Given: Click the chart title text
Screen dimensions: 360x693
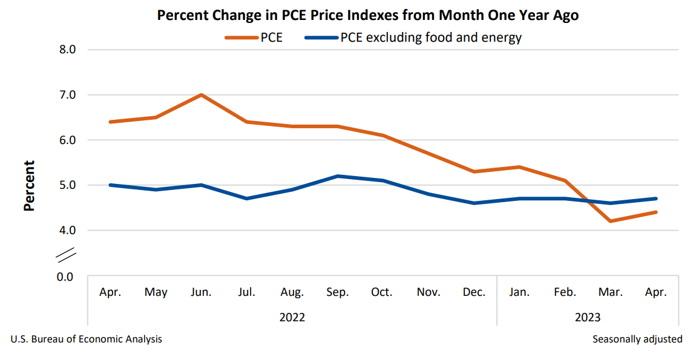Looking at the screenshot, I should [x=367, y=16].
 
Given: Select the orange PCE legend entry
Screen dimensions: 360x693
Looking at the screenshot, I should [x=254, y=38].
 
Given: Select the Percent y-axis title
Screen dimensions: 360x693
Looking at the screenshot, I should [x=29, y=185].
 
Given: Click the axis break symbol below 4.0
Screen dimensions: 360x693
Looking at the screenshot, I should [x=65, y=255].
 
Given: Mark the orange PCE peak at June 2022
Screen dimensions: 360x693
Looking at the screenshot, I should [x=201, y=95].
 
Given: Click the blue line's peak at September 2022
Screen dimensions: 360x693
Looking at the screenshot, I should [x=337, y=176].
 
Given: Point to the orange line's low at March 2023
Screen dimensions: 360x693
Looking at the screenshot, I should [x=610, y=221].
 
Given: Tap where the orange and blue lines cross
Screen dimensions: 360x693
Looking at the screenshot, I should [x=584, y=201].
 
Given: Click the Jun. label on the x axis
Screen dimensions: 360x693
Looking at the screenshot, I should [x=201, y=292].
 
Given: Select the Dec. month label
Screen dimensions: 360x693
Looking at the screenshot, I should [x=474, y=292].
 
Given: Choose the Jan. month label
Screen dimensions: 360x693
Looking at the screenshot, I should [x=519, y=292].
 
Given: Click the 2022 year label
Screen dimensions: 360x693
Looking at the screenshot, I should [x=292, y=317].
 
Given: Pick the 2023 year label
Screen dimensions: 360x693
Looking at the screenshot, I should [x=588, y=317].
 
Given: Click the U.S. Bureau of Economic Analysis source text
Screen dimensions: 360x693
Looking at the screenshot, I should [x=87, y=339].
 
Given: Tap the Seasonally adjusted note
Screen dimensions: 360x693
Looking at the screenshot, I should [x=637, y=339].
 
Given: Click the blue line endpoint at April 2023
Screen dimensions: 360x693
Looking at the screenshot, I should [x=655, y=198].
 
